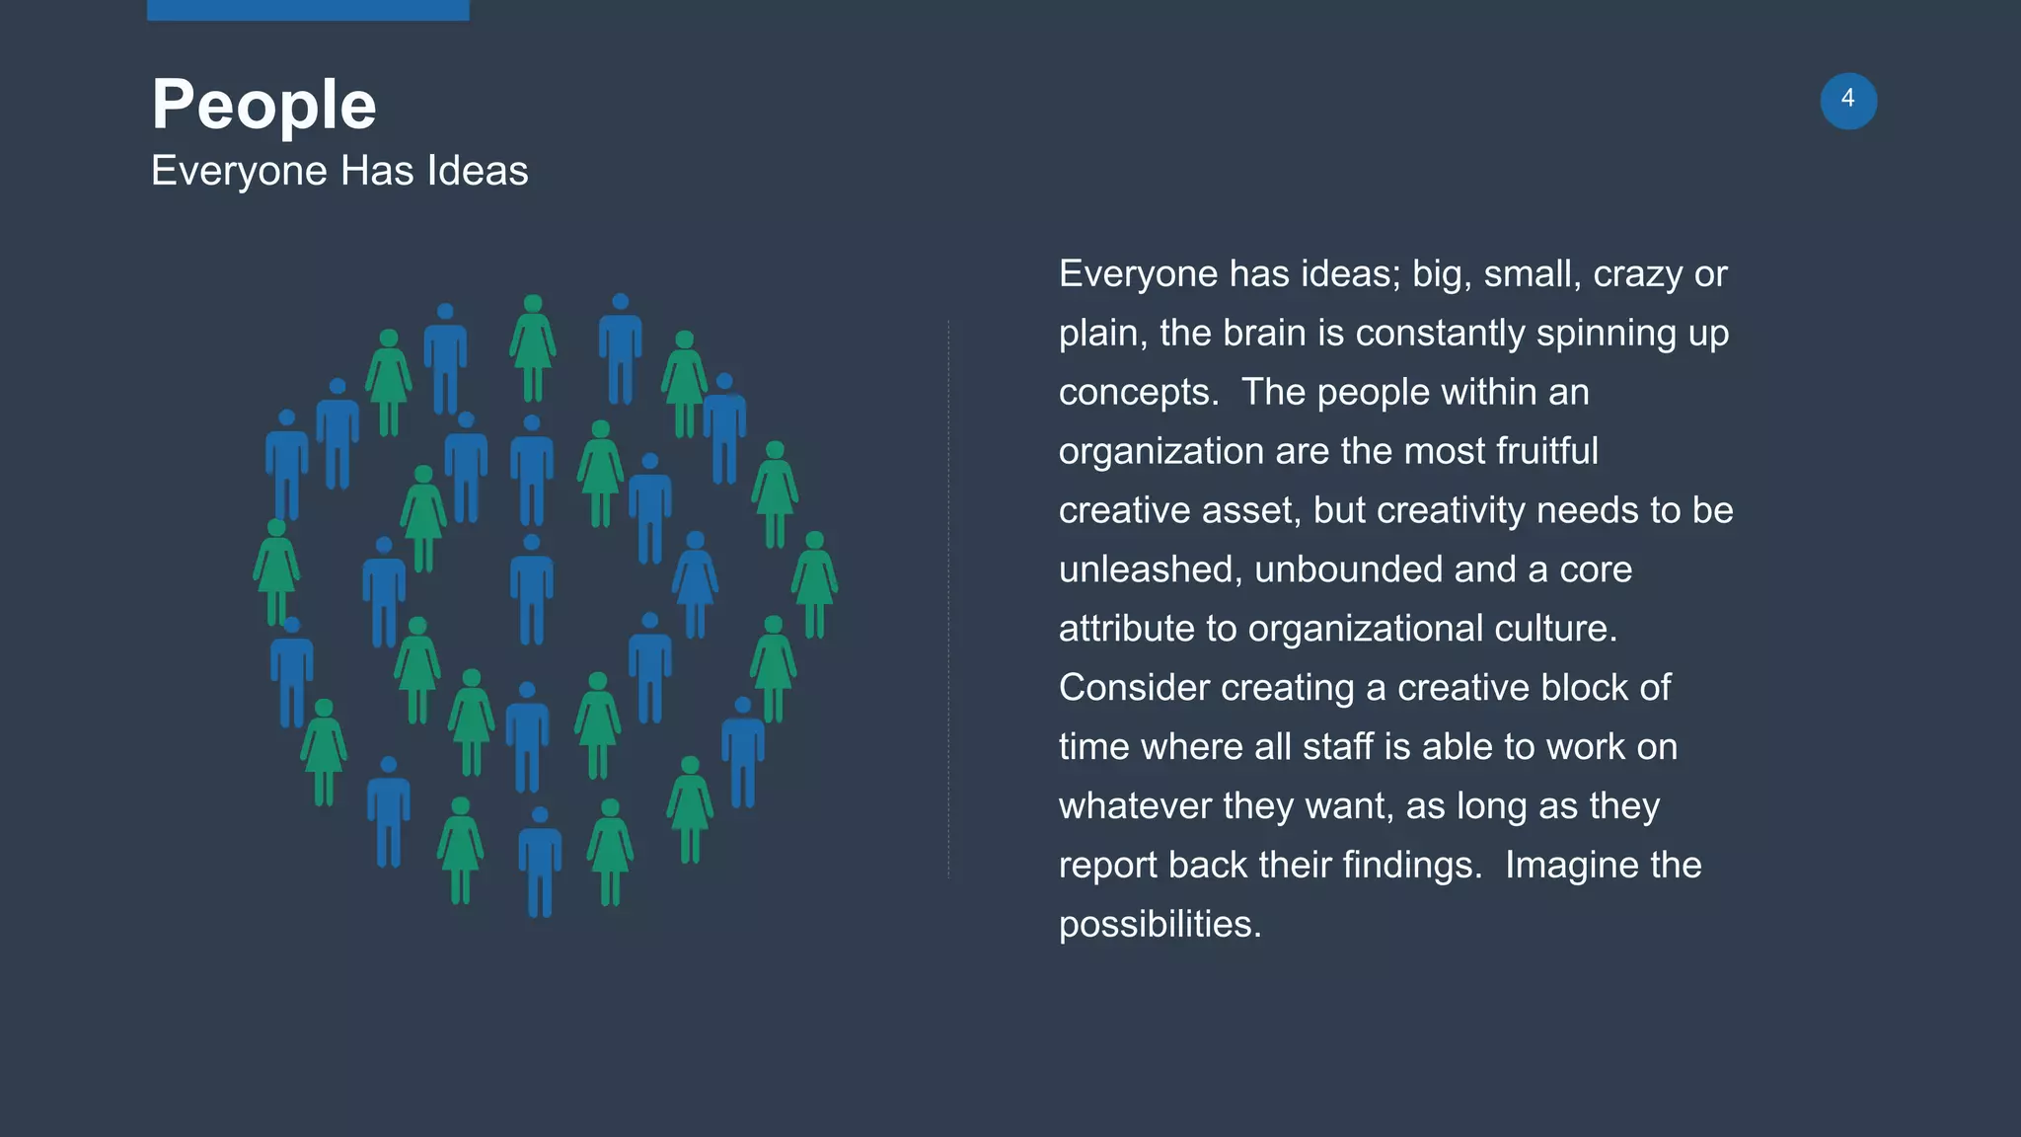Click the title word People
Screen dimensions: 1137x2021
point(263,105)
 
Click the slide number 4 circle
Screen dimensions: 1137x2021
point(1847,101)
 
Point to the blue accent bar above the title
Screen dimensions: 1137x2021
point(308,10)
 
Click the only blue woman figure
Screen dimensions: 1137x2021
point(695,584)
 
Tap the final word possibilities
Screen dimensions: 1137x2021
point(1159,925)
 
